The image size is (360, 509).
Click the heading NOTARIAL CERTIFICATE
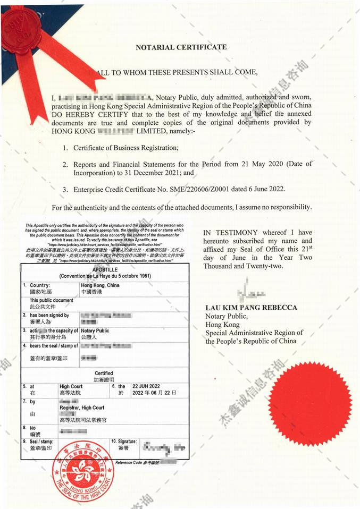pyautogui.click(x=181, y=47)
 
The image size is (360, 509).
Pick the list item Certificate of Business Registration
pyautogui.click(x=125, y=147)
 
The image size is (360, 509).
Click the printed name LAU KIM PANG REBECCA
pyautogui.click(x=251, y=308)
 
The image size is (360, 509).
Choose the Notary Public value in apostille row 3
pyautogui.click(x=95, y=330)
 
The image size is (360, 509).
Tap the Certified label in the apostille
pyautogui.click(x=104, y=374)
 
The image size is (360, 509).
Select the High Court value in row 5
pyautogui.click(x=71, y=386)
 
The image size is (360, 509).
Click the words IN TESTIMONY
pyautogui.click(x=230, y=233)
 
